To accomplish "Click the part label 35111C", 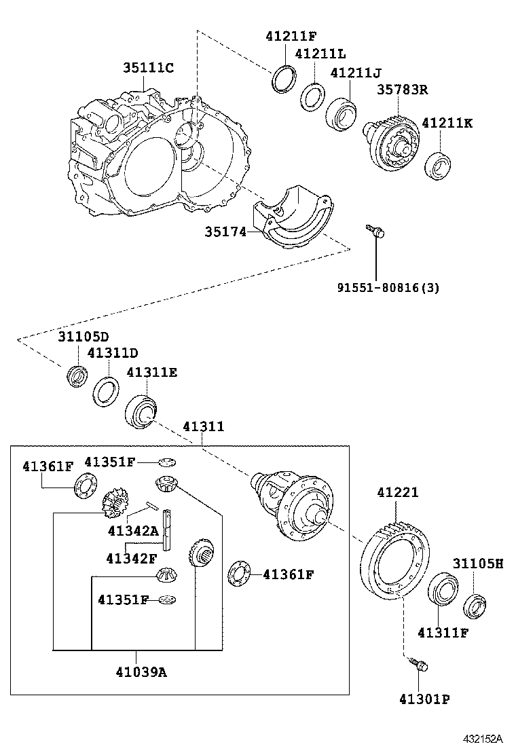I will [148, 68].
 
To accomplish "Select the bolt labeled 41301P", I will [418, 665].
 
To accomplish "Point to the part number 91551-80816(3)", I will [388, 287].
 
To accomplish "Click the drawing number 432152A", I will [483, 739].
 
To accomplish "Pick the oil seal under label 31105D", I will [77, 376].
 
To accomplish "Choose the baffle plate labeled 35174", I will [294, 217].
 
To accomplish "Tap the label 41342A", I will [133, 530].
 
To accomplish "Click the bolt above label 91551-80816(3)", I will [374, 232].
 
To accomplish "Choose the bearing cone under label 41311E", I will [141, 411].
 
